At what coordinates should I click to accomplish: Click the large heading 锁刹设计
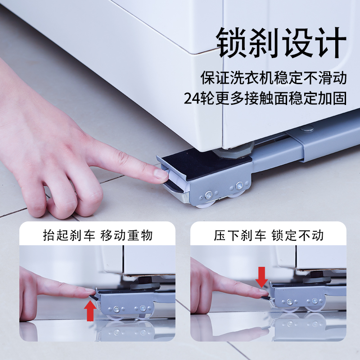click(282, 43)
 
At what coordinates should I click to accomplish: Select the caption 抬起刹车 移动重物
click(98, 235)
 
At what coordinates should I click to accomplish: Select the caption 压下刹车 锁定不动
click(269, 235)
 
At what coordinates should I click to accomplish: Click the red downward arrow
click(261, 276)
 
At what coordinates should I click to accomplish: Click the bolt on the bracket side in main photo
click(209, 195)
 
